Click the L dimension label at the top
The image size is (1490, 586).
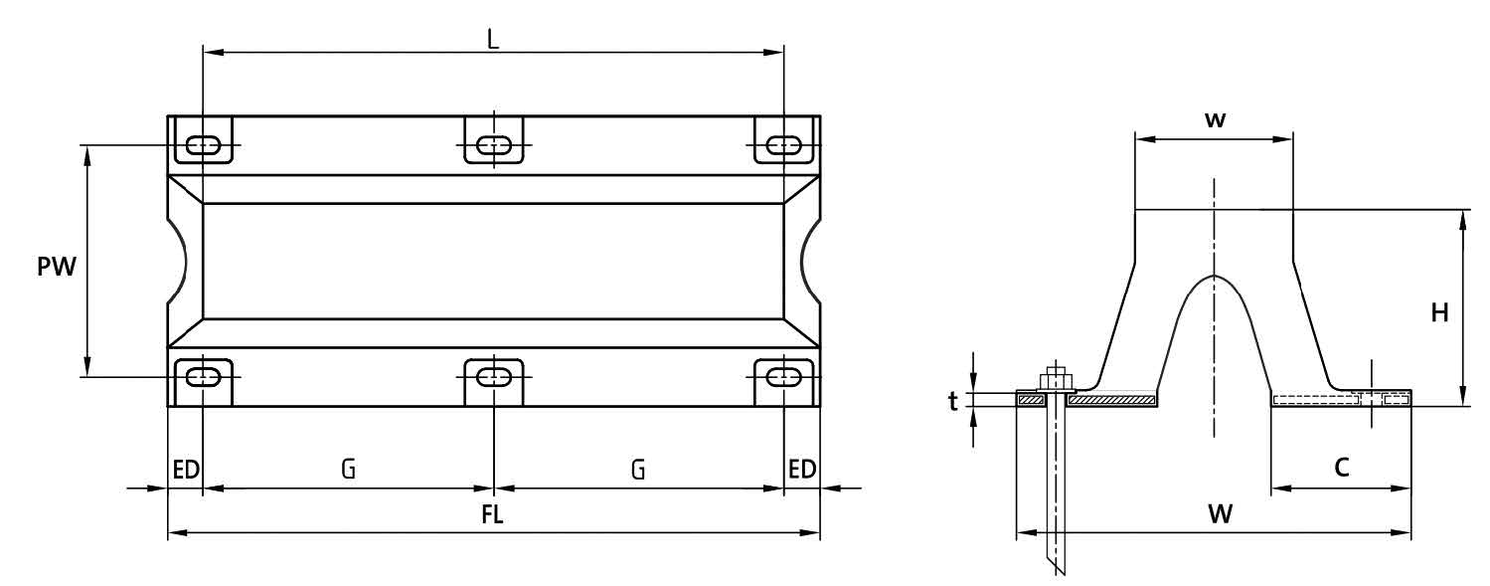point(492,39)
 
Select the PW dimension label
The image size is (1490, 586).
point(57,267)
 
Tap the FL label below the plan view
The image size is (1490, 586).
point(492,514)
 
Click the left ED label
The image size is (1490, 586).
point(186,470)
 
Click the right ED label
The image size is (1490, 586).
point(801,470)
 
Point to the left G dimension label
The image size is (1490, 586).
point(349,470)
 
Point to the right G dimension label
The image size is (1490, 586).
point(638,470)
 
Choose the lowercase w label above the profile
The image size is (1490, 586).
point(1215,119)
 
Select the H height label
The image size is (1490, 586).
point(1439,312)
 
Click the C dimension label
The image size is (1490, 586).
point(1342,468)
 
